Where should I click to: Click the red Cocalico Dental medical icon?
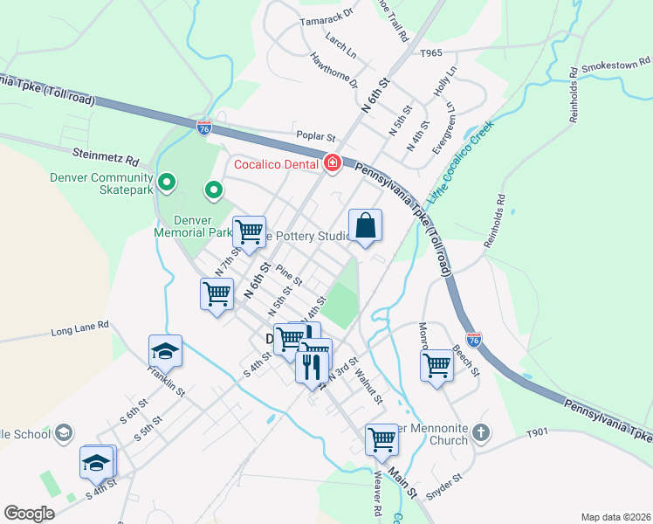(332, 163)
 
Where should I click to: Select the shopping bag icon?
(366, 226)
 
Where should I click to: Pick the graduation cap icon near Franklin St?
(165, 351)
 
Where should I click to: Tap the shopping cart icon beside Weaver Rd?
(381, 440)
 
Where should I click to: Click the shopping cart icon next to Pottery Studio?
(249, 231)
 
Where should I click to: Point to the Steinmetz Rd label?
(106, 161)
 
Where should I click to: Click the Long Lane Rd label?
(79, 328)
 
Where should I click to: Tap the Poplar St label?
(316, 136)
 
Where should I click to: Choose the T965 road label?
(431, 53)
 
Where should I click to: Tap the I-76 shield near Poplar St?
(203, 128)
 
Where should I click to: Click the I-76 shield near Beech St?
(474, 339)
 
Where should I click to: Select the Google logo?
(30, 513)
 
